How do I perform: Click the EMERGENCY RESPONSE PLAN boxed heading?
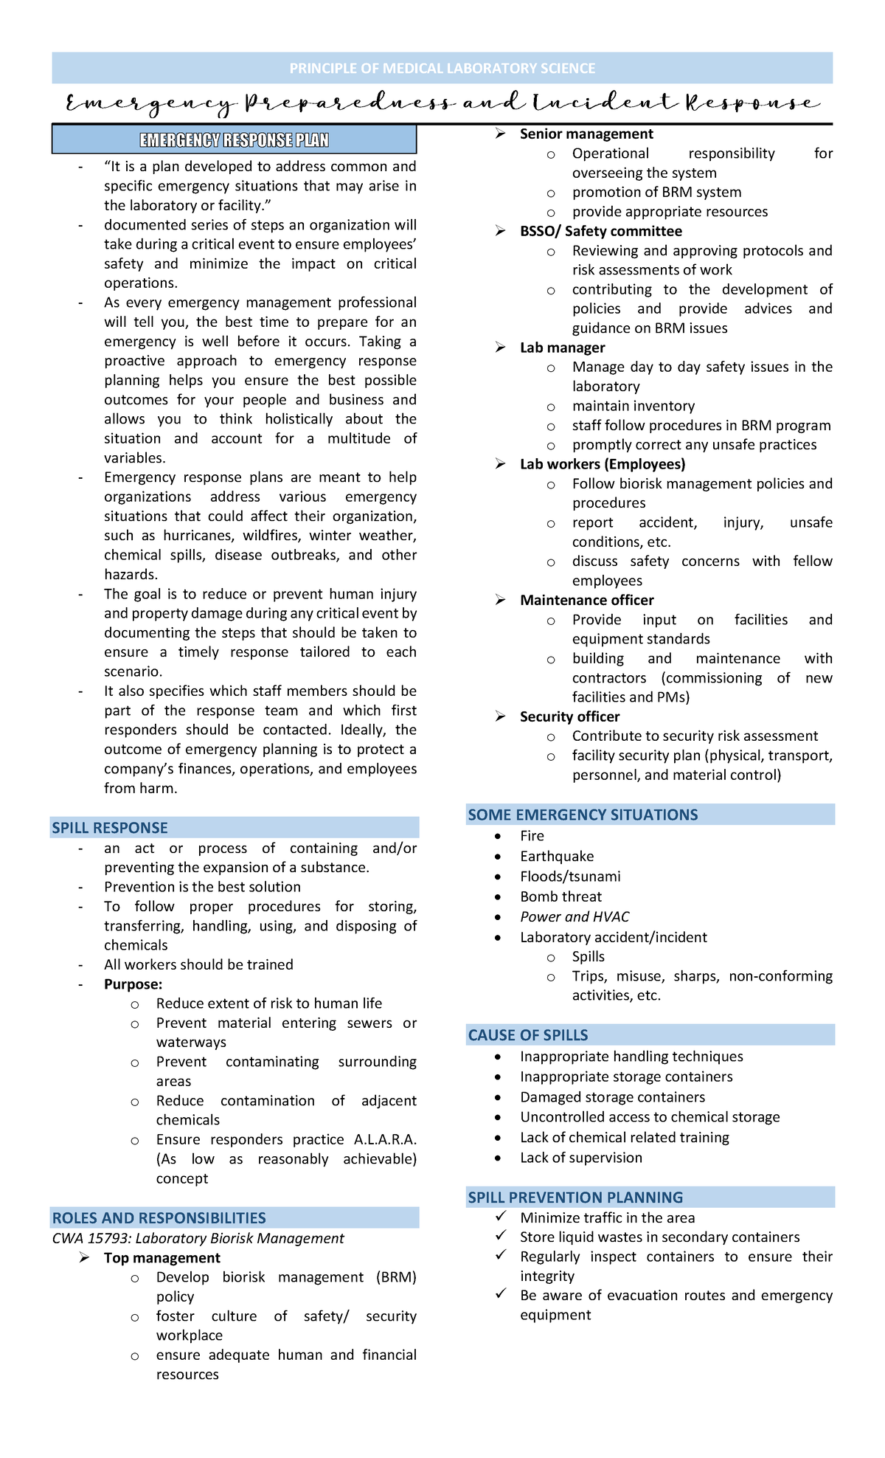235,140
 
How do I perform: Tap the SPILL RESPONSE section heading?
110,828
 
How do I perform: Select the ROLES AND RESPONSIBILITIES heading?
159,1218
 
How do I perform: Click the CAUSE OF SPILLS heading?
528,1035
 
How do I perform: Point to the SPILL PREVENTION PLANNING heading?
575,1198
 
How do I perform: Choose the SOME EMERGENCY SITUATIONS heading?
583,815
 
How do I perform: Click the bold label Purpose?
133,984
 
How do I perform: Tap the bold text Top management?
162,1258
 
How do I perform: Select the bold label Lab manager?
562,348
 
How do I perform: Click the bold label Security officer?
569,716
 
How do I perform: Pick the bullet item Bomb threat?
560,896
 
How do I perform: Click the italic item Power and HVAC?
575,916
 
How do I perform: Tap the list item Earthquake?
557,856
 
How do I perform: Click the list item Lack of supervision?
581,1158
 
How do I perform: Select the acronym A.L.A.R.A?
385,1139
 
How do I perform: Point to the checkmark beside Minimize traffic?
501,1216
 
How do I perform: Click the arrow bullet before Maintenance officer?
501,601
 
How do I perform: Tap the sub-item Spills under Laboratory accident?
588,956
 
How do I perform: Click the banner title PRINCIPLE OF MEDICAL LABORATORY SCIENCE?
442,69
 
